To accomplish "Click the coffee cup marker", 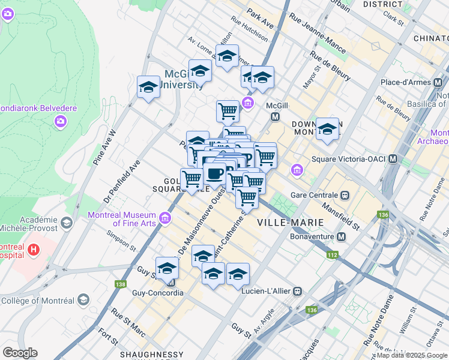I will point(215,174).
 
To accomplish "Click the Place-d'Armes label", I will point(410,82).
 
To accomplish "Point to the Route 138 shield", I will point(122,283).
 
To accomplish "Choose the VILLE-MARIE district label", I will point(290,222).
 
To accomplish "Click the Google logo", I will point(20,353).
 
